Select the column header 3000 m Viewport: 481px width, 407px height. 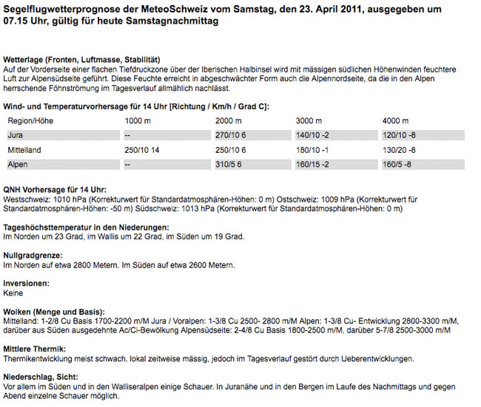pyautogui.click(x=310, y=120)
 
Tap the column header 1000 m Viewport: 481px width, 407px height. pyautogui.click(x=138, y=120)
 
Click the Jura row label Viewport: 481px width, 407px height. pyautogui.click(x=15, y=135)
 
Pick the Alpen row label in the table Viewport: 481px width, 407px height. pyautogui.click(x=18, y=164)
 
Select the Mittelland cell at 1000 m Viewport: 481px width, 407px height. pyautogui.click(x=144, y=150)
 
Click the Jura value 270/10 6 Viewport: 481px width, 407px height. pyautogui.click(x=230, y=135)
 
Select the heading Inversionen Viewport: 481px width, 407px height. pyautogui.click(x=27, y=284)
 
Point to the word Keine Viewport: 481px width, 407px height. pyautogui.click(x=13, y=293)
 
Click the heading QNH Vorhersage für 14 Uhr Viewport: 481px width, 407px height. pyautogui.click(x=55, y=189)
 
